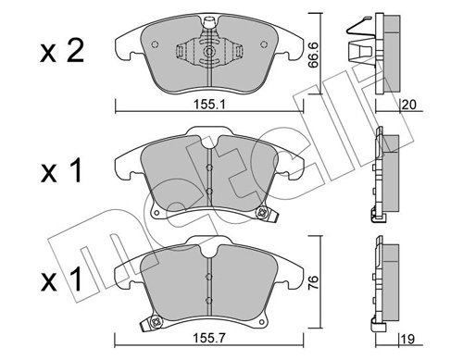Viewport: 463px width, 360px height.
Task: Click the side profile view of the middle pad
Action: (x=383, y=176)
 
